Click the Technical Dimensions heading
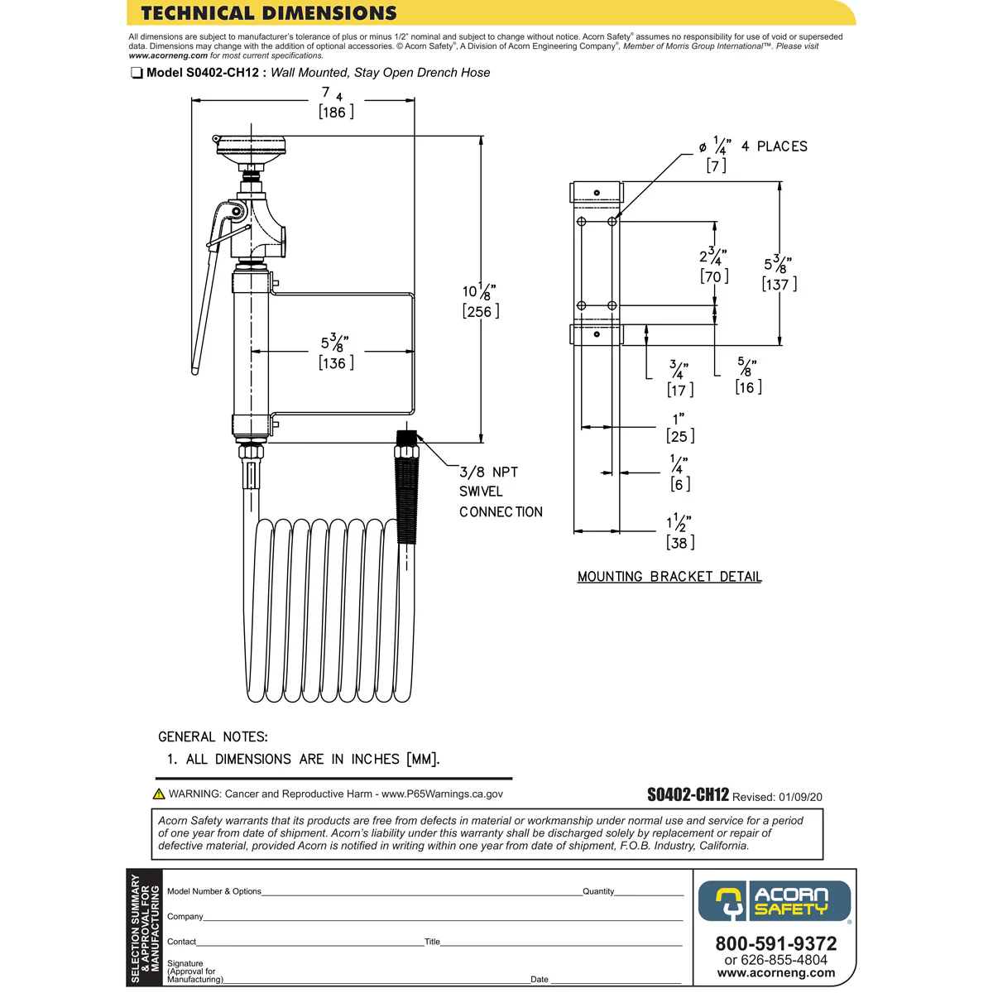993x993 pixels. (x=269, y=13)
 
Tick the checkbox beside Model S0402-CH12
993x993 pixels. (x=137, y=74)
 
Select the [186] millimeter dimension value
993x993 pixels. (x=336, y=113)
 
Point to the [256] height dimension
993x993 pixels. (x=481, y=312)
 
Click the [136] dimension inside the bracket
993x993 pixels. (x=336, y=363)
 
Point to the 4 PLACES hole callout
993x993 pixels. (x=773, y=146)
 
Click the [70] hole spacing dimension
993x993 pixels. (x=714, y=276)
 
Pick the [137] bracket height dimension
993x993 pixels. (x=780, y=285)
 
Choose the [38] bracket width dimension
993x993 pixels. (x=680, y=543)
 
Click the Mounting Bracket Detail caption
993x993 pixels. (x=669, y=577)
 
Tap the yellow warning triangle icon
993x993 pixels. (x=159, y=794)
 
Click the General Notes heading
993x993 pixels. (x=213, y=736)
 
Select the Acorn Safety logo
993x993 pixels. (x=775, y=901)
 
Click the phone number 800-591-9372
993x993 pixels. (x=775, y=943)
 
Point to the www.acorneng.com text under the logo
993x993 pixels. (x=775, y=973)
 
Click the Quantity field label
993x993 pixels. (x=598, y=891)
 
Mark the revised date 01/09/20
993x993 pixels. (x=800, y=797)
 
